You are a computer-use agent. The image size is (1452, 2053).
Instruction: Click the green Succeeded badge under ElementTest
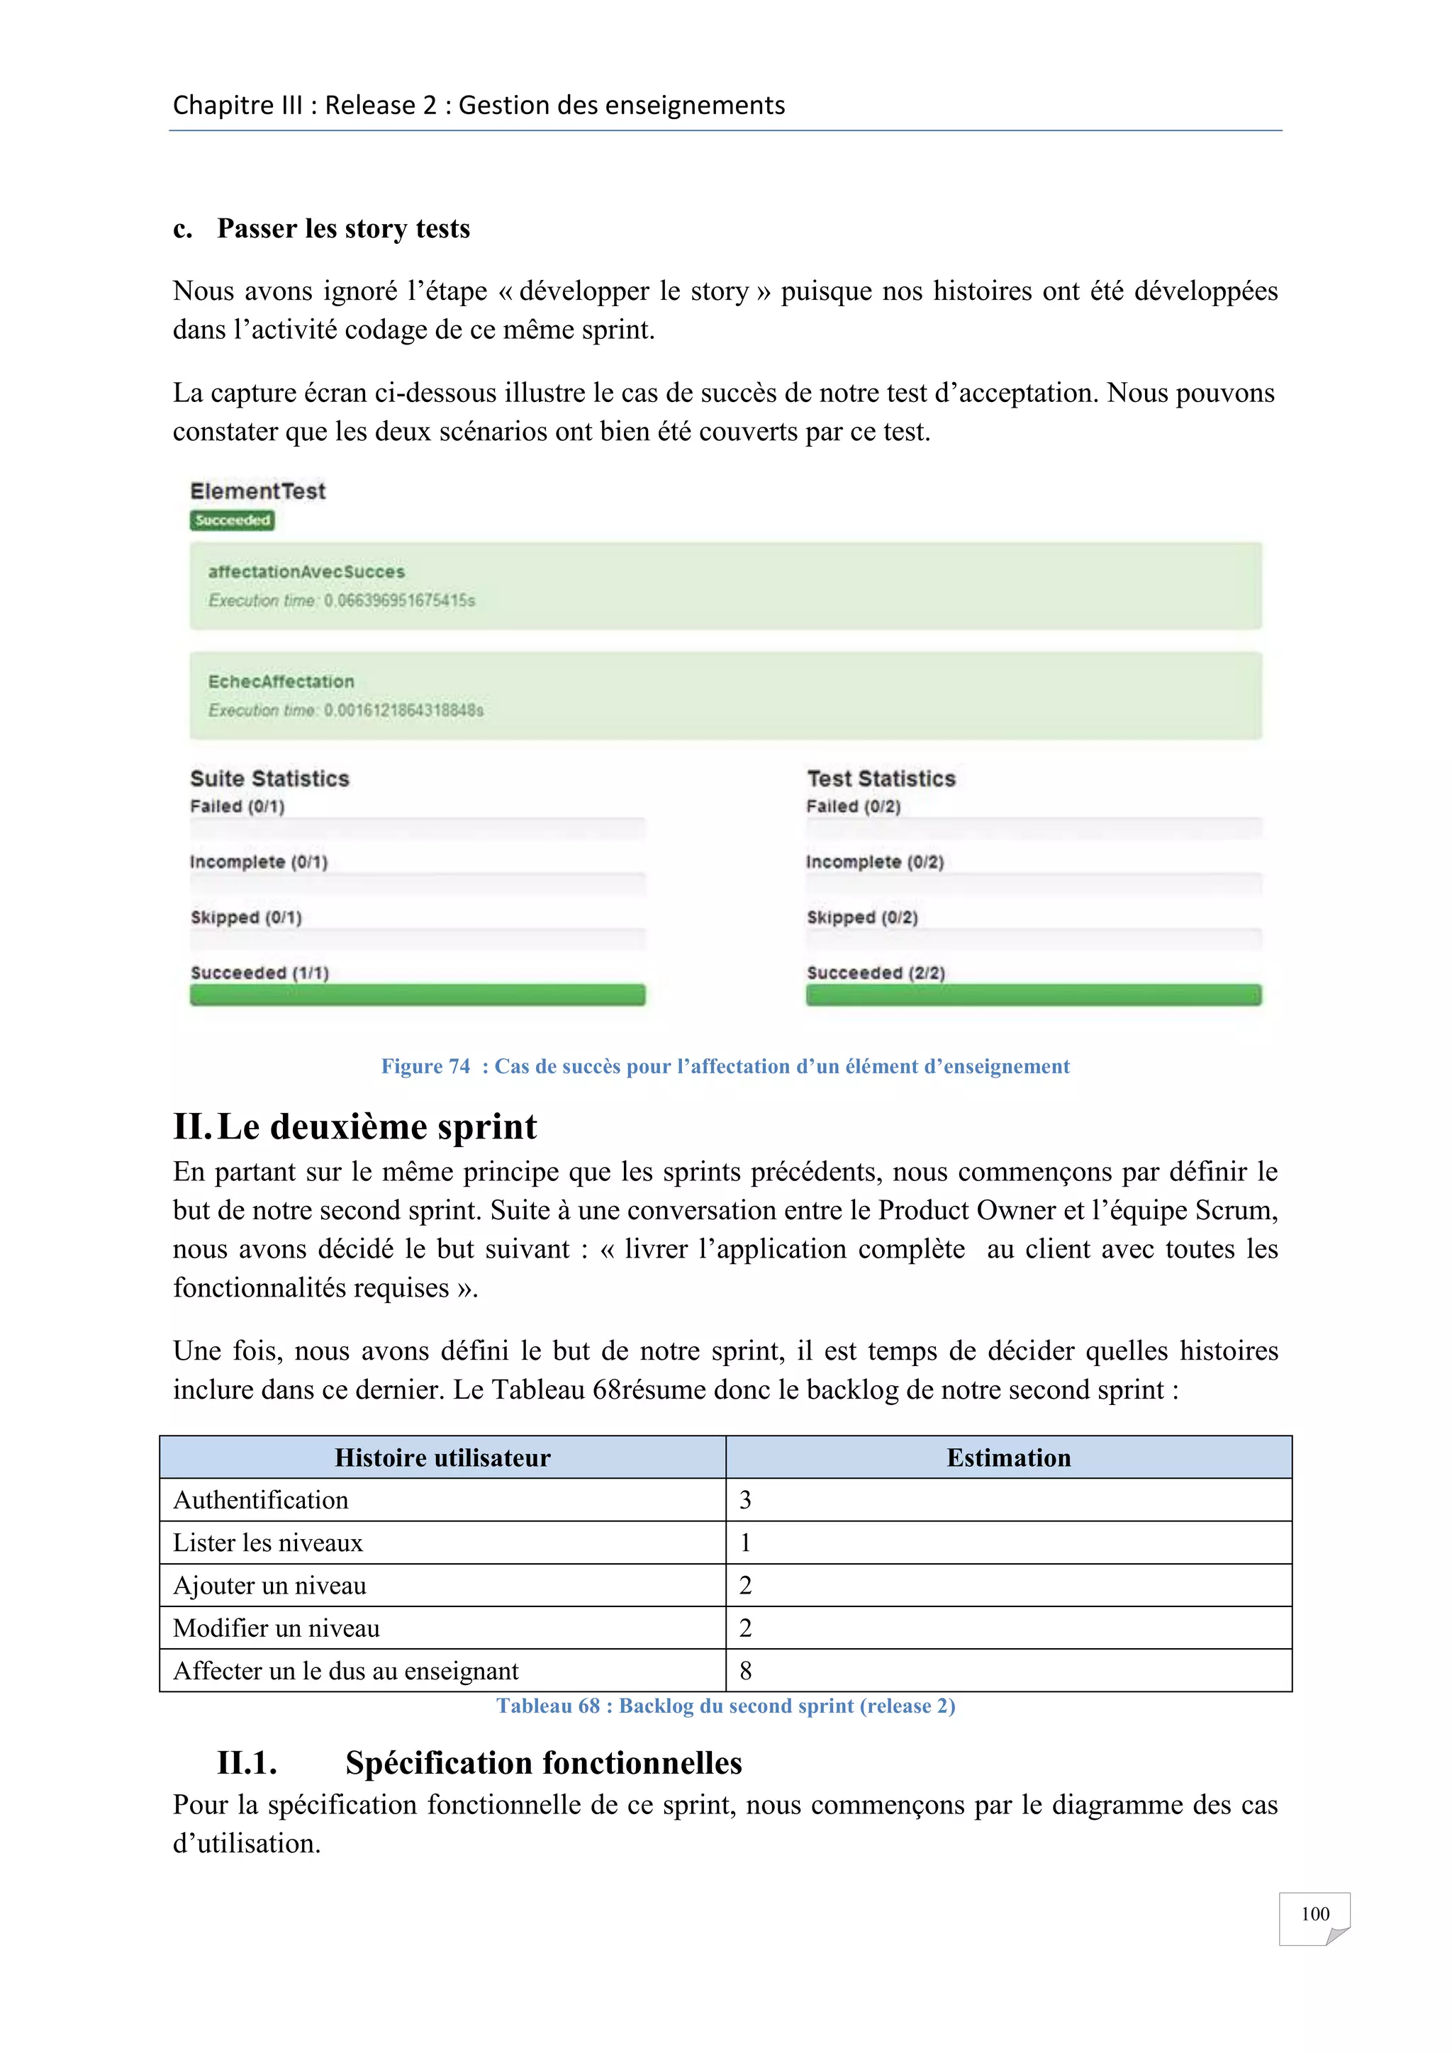(x=232, y=520)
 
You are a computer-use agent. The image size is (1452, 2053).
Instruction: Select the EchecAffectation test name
(x=281, y=681)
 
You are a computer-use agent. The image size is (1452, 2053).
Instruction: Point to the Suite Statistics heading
(x=269, y=779)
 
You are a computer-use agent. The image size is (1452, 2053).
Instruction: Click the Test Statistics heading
(x=881, y=779)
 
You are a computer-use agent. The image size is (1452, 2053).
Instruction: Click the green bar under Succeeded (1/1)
(x=417, y=995)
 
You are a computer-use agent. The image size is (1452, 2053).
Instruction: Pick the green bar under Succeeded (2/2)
(x=1033, y=995)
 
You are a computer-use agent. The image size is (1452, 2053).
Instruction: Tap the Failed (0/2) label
(x=853, y=807)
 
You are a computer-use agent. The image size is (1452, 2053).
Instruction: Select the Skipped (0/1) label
(x=246, y=917)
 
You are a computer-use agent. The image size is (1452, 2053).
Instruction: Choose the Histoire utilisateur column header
(x=442, y=1458)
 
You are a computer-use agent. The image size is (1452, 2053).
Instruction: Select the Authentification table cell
(x=260, y=1501)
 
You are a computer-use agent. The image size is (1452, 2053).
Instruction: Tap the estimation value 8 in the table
(x=746, y=1671)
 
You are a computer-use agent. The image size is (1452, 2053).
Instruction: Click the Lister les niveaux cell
(x=267, y=1543)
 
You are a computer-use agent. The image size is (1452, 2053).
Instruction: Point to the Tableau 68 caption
(x=725, y=1706)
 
